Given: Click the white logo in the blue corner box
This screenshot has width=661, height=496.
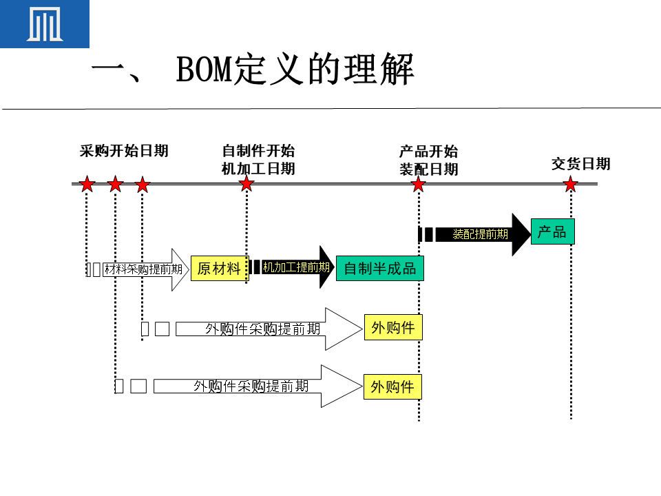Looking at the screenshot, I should (44, 24).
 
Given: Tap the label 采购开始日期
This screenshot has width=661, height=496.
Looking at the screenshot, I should (124, 151).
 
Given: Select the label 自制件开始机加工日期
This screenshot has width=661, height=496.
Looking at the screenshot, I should (258, 160).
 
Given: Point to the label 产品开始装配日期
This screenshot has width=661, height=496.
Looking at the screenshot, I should (428, 161).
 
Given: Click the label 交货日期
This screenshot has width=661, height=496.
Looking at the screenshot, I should (580, 164).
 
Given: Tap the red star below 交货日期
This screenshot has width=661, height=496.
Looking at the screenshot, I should (570, 185).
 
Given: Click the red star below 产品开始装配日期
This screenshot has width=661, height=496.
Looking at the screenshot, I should (419, 185).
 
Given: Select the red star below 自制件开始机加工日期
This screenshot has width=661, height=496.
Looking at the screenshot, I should (246, 185).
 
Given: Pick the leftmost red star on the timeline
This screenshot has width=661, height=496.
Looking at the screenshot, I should (87, 185).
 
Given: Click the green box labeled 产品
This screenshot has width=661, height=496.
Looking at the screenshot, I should (552, 232).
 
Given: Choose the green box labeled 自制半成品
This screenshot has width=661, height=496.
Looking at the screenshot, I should (380, 268).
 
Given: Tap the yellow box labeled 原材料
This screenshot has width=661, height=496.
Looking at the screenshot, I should (219, 268).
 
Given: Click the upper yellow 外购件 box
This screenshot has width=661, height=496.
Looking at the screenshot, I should (393, 328).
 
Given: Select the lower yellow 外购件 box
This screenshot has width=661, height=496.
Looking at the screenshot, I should (392, 387).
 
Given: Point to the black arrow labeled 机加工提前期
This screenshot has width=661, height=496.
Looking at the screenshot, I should (296, 267).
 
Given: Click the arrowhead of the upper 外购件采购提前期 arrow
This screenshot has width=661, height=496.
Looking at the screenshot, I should (343, 329).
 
